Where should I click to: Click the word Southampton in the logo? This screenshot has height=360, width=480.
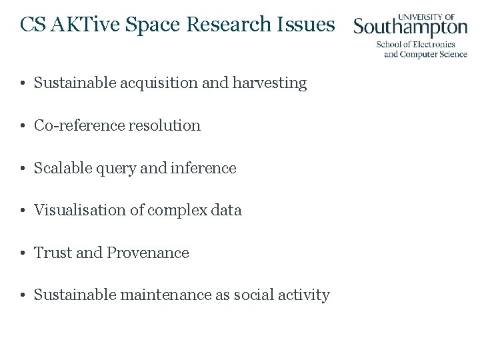[x=410, y=28]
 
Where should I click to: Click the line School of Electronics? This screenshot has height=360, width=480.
[x=415, y=45]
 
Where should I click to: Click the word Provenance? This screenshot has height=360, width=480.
[x=148, y=253]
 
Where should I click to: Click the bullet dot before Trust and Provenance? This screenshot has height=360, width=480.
[x=23, y=253]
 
